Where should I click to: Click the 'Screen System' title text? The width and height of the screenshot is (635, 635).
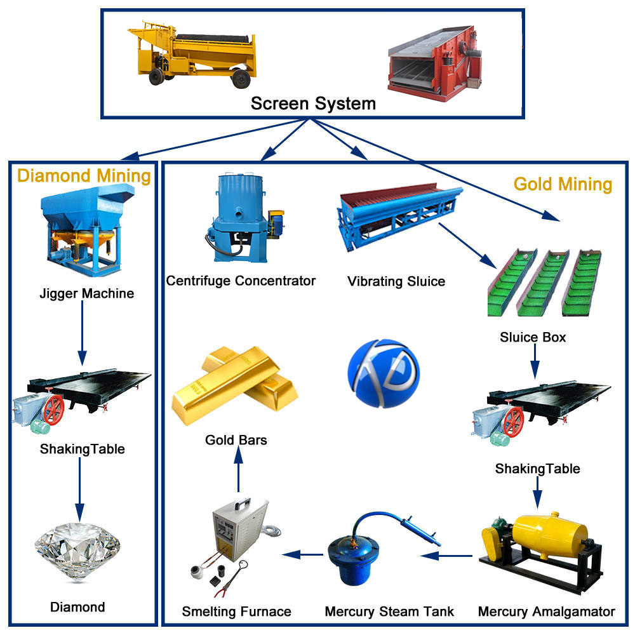pyautogui.click(x=313, y=103)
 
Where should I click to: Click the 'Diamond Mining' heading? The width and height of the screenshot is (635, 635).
pyautogui.click(x=84, y=176)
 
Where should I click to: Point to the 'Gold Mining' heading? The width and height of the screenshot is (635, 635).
pyautogui.click(x=562, y=184)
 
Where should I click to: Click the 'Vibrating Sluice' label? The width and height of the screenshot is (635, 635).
pyautogui.click(x=396, y=281)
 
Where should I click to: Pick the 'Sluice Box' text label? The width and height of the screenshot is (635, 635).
pyautogui.click(x=533, y=337)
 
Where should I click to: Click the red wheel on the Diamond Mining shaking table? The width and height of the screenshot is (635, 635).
pyautogui.click(x=54, y=410)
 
